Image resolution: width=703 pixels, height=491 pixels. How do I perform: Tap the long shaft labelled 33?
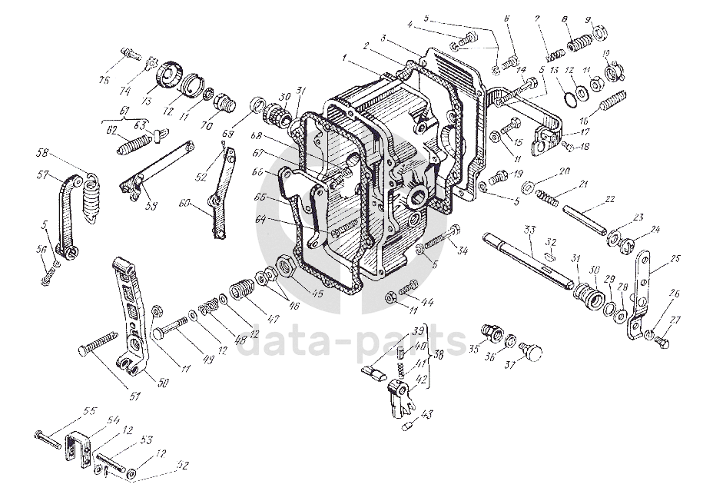tap(530, 257)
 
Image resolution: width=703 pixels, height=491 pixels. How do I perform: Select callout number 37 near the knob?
tap(530, 366)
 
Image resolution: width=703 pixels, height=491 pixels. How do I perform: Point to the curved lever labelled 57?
tap(68, 211)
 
